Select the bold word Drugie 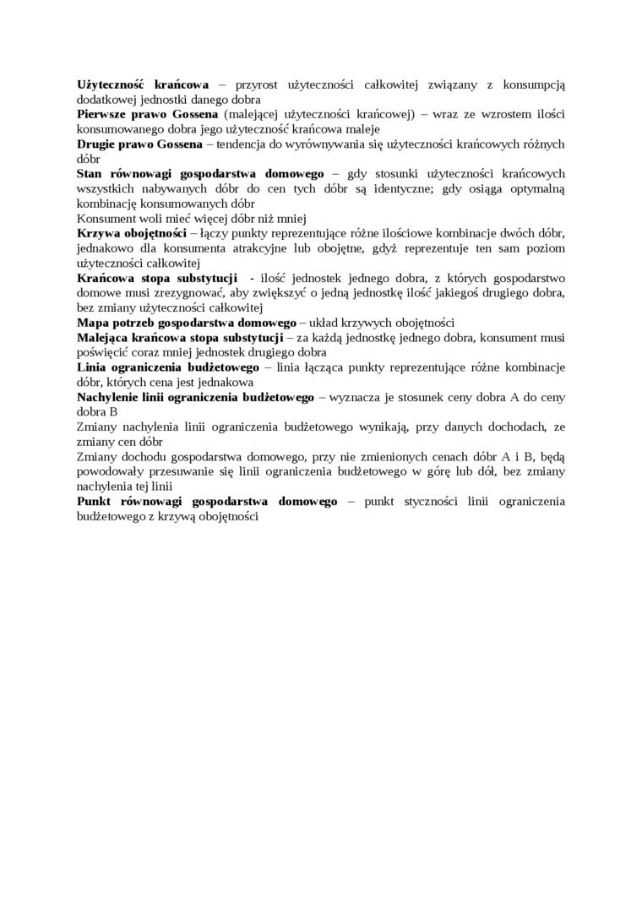pyautogui.click(x=96, y=144)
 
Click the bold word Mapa pyautogui.click(x=93, y=323)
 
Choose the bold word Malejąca pyautogui.click(x=104, y=338)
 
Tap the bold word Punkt pyautogui.click(x=95, y=502)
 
